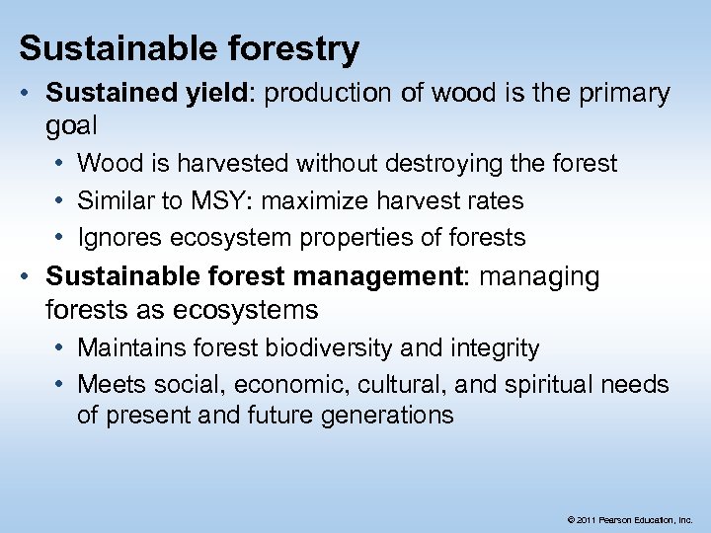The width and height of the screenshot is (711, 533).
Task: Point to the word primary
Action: click(x=623, y=95)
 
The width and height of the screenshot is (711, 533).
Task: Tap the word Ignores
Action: click(x=116, y=238)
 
